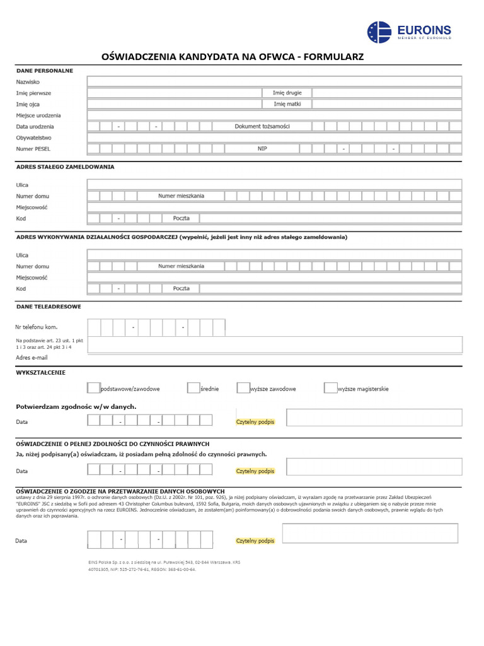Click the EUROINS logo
pos(409,32)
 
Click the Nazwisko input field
pos(274,81)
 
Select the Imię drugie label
pos(287,93)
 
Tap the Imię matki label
pos(287,104)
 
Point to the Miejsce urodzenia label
pos(38,115)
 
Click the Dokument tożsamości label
pos(262,126)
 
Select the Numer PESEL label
pos(33,149)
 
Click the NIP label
pos(262,149)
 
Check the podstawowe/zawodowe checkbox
pos(93,388)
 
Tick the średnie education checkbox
pos(193,388)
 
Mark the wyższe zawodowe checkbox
pos(243,388)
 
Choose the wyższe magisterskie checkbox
pos(330,388)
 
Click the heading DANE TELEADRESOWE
pos(48,307)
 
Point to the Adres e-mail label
pos(32,357)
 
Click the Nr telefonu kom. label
pos(37,327)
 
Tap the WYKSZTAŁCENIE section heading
pos(40,373)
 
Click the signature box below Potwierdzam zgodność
pos(374,418)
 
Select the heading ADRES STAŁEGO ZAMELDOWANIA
pos(65,167)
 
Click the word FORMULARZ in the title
pos(334,57)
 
